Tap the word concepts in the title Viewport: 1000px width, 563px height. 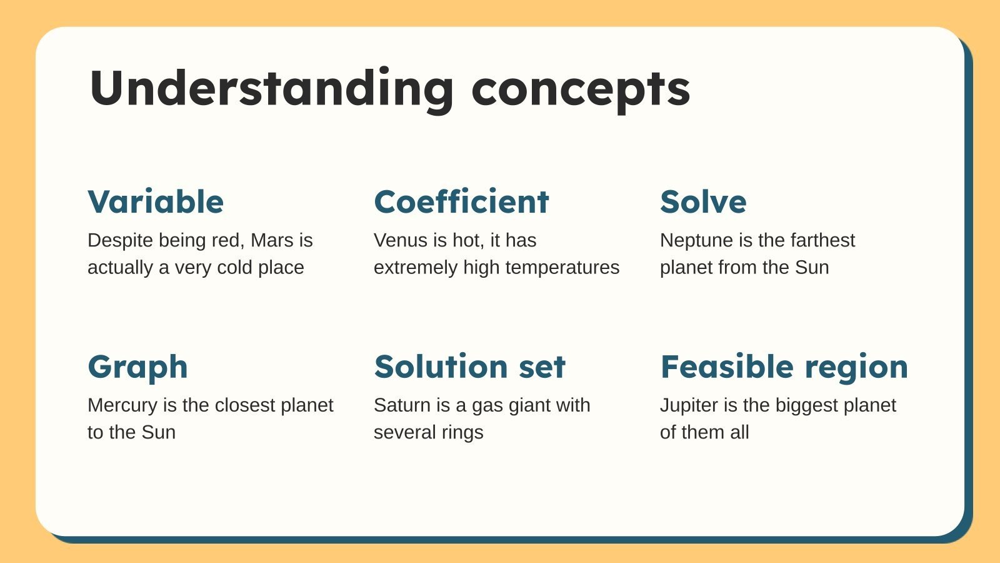581,92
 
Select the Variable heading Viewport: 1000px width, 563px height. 156,202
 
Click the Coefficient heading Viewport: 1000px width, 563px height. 461,201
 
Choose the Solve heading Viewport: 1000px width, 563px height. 703,202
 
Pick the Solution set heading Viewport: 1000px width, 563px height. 469,367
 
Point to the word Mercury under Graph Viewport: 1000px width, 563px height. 122,406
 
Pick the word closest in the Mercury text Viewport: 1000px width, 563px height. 245,405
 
